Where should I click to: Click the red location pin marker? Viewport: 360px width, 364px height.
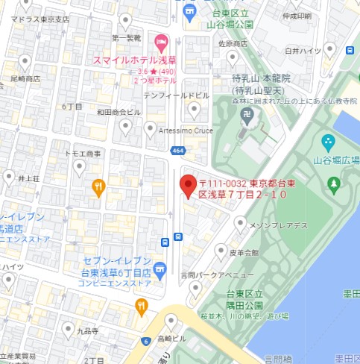189,185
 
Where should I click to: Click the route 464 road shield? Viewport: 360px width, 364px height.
177,151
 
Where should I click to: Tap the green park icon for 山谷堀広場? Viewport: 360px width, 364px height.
328,142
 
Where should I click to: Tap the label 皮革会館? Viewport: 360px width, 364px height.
244,254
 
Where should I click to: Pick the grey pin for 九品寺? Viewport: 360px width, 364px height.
68,330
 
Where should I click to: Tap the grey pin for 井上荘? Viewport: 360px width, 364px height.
8,178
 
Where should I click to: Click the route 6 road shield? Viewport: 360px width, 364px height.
146,341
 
